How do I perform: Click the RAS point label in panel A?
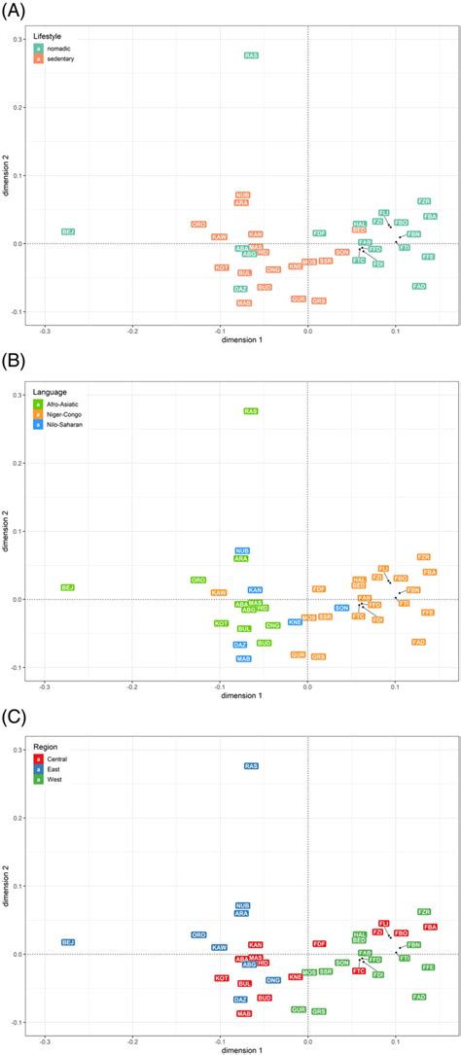(x=251, y=56)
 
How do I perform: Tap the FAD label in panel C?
(x=419, y=997)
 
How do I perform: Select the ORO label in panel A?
(x=198, y=225)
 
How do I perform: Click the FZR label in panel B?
(x=424, y=557)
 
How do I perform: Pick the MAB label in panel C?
(x=244, y=1013)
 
